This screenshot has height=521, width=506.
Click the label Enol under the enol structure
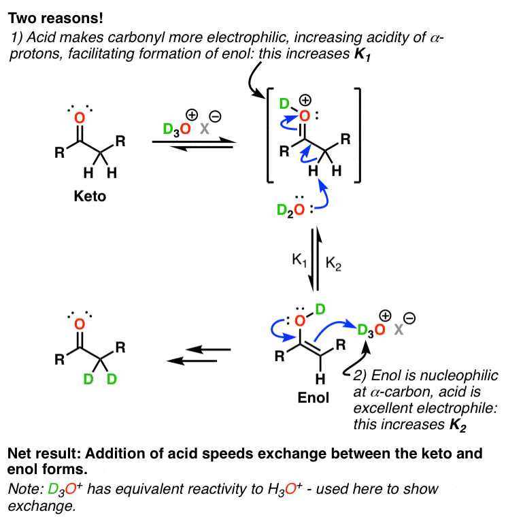point(313,399)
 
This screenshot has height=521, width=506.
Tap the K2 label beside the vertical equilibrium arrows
point(335,261)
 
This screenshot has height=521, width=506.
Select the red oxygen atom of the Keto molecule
point(80,117)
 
